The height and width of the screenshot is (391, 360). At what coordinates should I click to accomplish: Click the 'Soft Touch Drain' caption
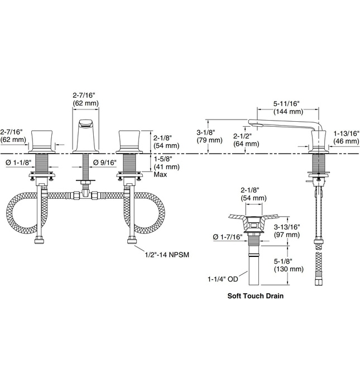point(255,297)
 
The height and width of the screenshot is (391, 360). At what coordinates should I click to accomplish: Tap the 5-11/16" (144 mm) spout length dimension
point(287,107)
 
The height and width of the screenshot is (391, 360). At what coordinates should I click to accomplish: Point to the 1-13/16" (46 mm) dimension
point(346,137)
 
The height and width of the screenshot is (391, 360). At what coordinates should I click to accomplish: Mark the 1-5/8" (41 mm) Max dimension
point(166,166)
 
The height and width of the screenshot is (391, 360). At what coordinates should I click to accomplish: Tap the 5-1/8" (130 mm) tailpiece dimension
point(289,265)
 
